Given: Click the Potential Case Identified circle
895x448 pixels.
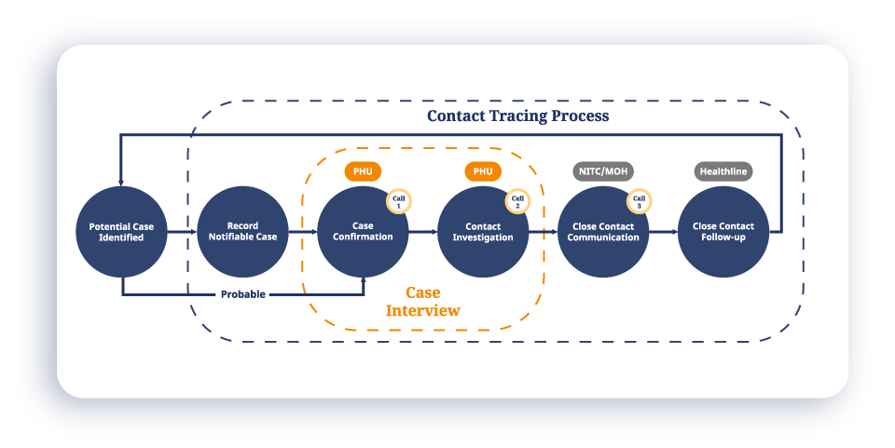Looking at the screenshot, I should [122, 232].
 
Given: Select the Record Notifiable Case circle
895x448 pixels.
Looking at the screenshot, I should [242, 232].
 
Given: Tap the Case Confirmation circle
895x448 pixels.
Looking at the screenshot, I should [363, 232].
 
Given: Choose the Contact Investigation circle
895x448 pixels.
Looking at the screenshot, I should [483, 232].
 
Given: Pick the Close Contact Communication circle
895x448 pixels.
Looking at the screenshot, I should [603, 232].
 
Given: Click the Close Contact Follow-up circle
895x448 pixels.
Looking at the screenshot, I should [723, 232].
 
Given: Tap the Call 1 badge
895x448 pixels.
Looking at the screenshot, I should [399, 201].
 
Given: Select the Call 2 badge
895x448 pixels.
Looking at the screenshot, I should [518, 201].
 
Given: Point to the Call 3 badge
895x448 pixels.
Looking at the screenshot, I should [639, 201].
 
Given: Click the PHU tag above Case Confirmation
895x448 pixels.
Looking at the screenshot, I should [363, 171].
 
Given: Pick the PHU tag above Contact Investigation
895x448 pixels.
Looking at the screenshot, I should [483, 171].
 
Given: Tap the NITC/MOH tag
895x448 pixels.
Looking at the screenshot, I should [602, 171].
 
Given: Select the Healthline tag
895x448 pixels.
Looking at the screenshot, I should [723, 171].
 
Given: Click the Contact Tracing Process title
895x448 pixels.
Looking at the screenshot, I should [517, 116].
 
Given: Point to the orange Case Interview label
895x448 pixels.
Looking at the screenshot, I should [423, 302].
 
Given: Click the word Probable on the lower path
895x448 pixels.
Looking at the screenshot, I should [242, 294].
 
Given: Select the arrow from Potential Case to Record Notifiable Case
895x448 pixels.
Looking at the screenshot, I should [183, 232].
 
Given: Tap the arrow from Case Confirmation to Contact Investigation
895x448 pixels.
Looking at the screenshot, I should [423, 232].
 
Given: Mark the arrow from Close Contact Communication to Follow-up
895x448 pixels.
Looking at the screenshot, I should [663, 232].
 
